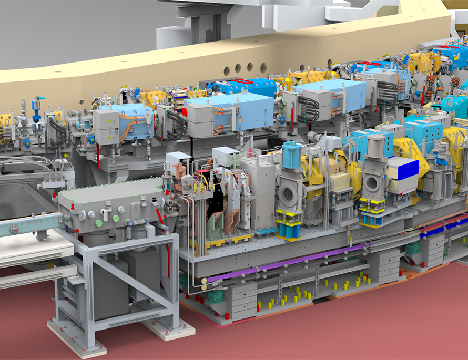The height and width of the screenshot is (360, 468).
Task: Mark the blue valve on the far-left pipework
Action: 36,105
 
